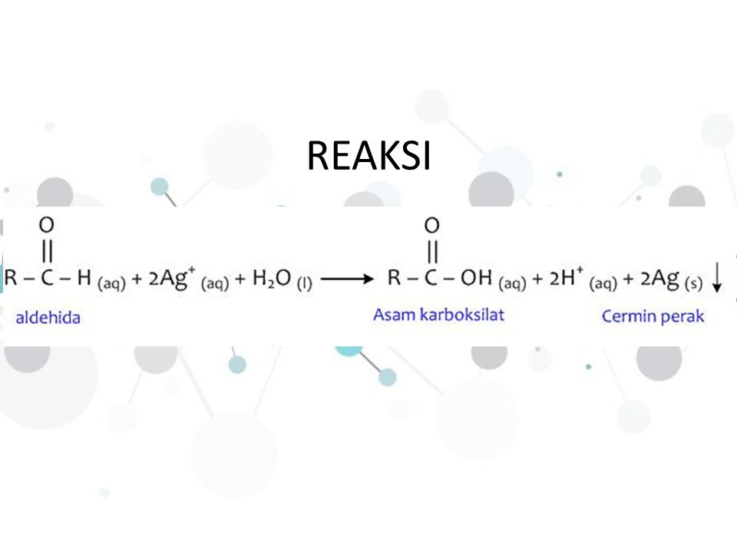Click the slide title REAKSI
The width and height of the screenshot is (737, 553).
click(368, 157)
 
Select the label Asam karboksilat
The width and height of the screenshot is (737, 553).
click(438, 316)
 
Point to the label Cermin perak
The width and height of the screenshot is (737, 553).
click(653, 316)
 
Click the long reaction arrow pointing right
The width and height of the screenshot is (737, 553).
click(346, 280)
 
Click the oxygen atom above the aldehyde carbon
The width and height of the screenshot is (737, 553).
click(47, 226)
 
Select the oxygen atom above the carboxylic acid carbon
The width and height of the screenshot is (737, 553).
click(431, 226)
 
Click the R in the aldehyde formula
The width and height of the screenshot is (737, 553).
click(12, 278)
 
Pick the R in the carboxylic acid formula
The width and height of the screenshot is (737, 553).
click(396, 278)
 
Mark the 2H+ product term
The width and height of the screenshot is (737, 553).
click(567, 278)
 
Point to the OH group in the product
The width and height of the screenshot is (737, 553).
click(479, 278)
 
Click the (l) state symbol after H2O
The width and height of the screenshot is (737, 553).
click(305, 284)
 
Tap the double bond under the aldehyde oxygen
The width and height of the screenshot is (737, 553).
click(47, 252)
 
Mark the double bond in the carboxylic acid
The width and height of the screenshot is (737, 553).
click(431, 252)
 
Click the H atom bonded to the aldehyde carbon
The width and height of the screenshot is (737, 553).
click(83, 278)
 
